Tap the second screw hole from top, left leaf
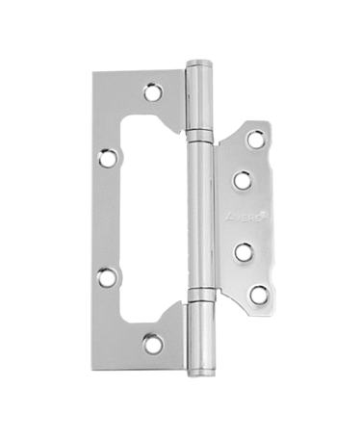pyautogui.click(x=108, y=155)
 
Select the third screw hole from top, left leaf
pyautogui.click(x=107, y=279)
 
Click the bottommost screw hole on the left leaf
pyautogui.click(x=151, y=341)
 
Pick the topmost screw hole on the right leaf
pyautogui.click(x=256, y=140)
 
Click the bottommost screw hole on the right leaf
pyautogui.click(x=257, y=295)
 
